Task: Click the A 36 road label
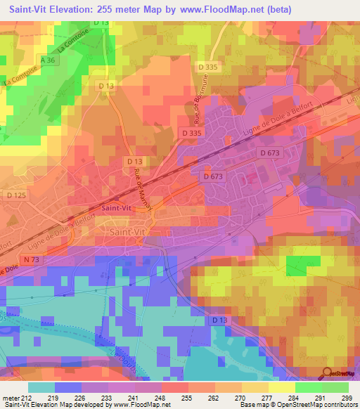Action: pos(47,60)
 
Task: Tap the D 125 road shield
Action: pos(15,194)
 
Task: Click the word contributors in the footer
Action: pos(339,405)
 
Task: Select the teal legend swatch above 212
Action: pos(41,387)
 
